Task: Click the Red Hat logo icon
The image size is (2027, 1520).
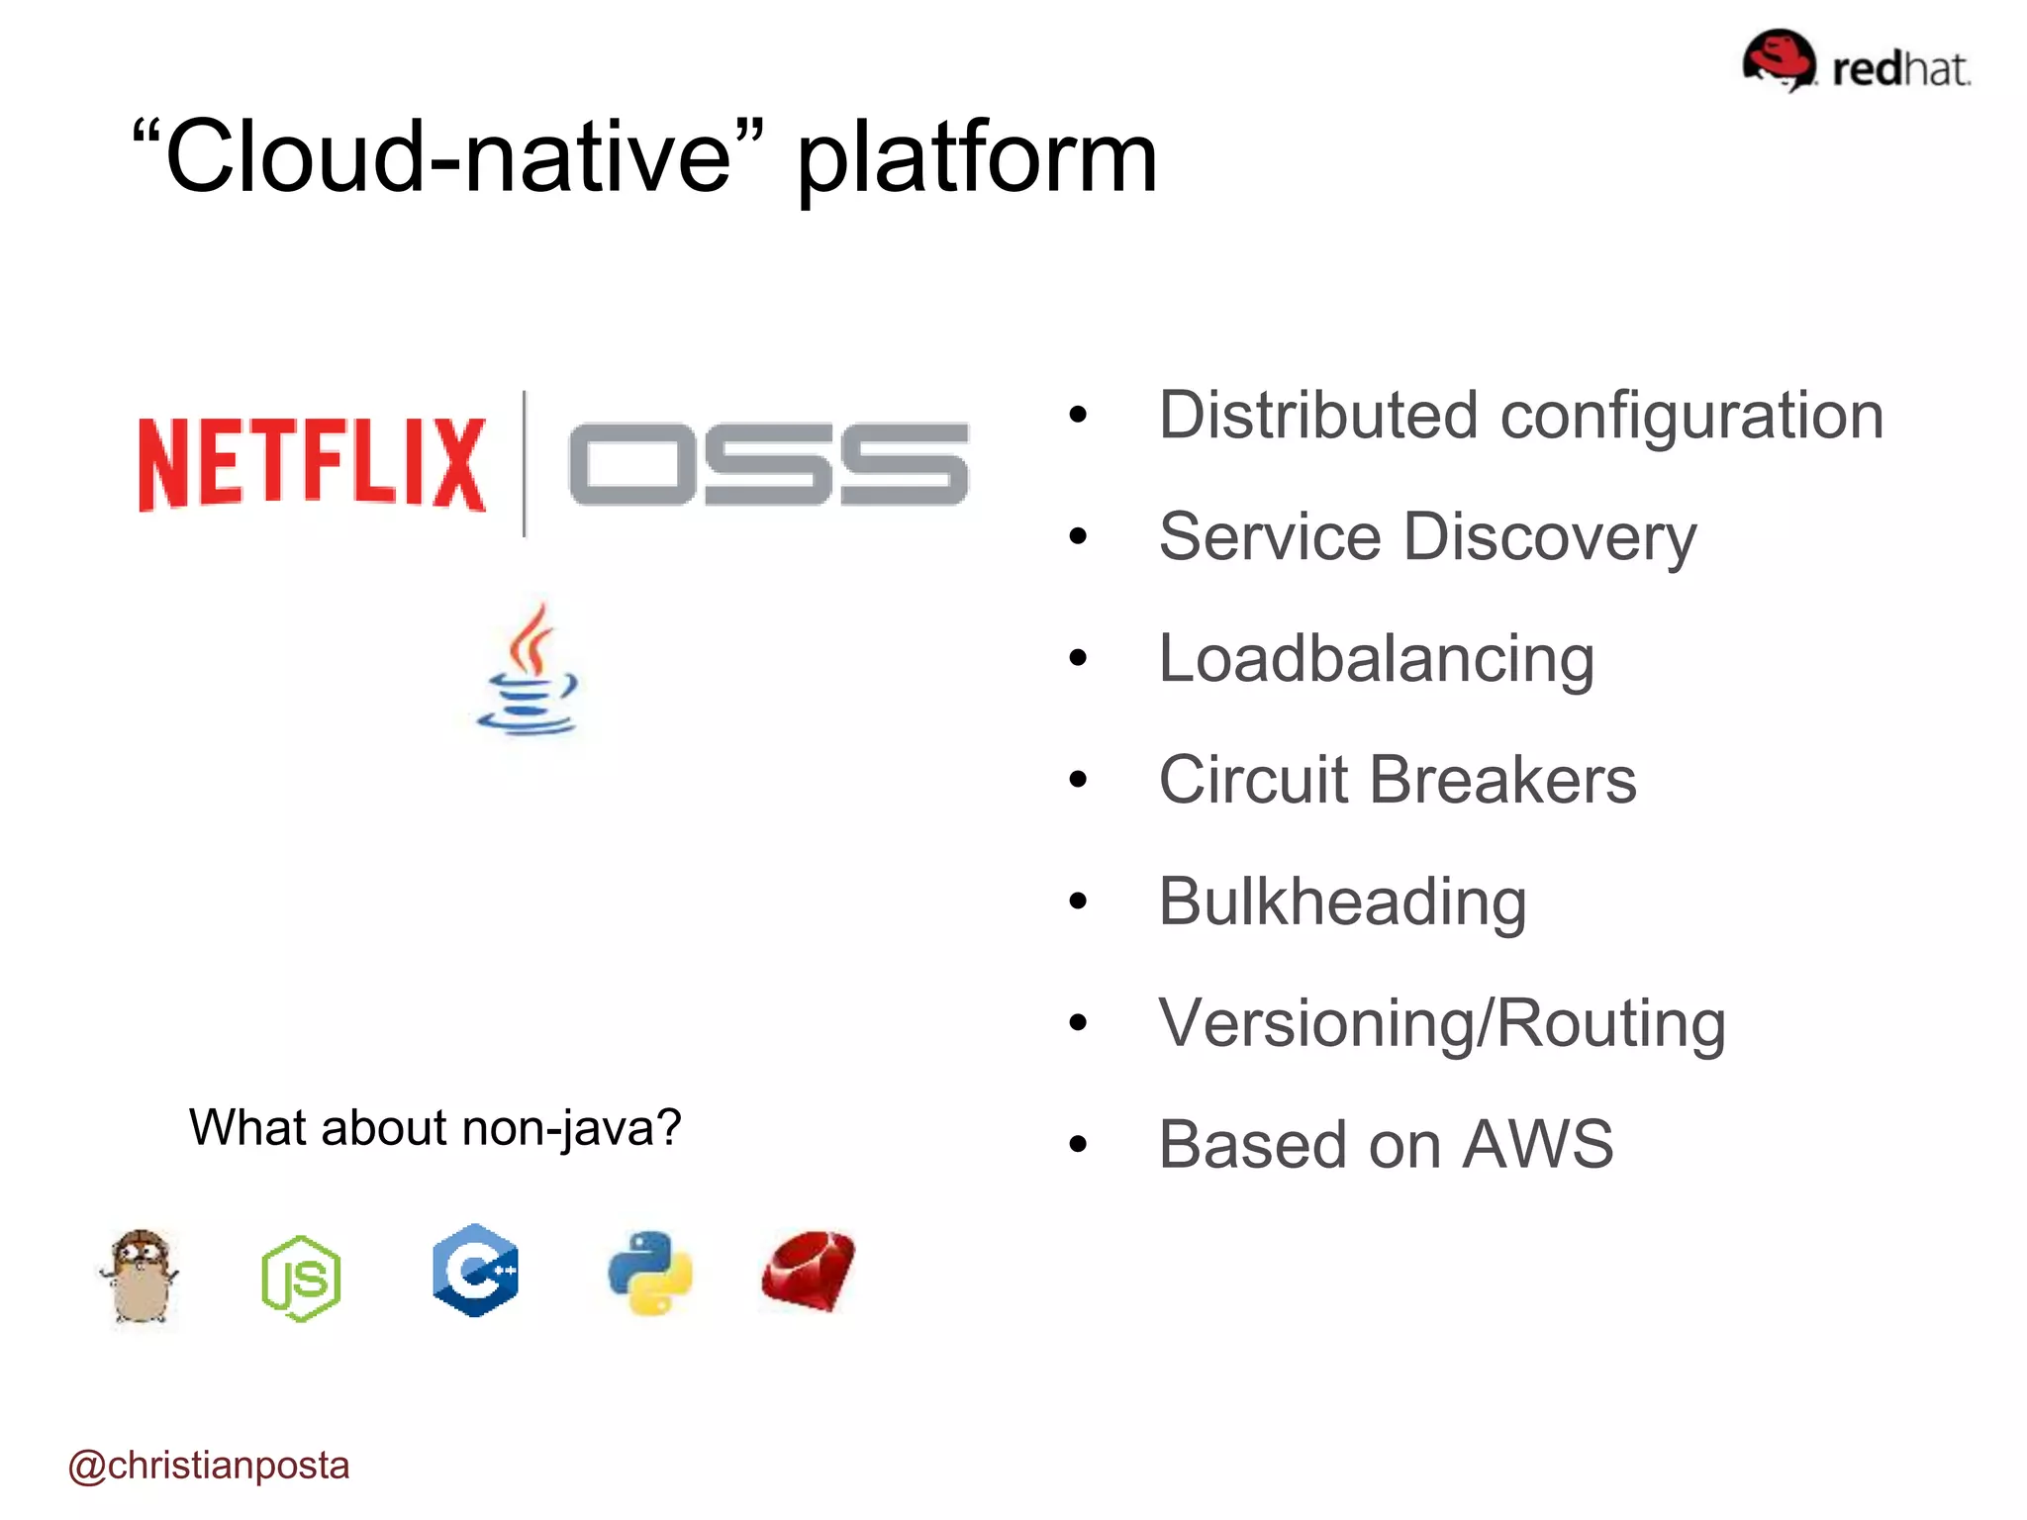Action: point(1780,59)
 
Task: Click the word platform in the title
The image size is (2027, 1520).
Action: point(976,158)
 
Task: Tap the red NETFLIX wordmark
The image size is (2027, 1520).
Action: point(312,463)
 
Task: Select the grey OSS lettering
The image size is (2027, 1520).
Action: point(768,463)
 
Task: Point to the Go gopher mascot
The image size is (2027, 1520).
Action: point(141,1277)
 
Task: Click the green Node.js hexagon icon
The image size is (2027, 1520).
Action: point(301,1278)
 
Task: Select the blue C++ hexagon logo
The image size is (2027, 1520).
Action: point(475,1271)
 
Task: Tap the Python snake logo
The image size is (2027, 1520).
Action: point(650,1273)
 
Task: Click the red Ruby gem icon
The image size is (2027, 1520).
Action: point(809,1272)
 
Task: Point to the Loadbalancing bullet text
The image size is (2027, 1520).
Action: point(1376,659)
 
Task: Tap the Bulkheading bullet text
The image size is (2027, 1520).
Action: point(1342,902)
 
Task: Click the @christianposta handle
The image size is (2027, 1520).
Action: point(209,1466)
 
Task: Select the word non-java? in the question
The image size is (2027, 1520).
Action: point(571,1128)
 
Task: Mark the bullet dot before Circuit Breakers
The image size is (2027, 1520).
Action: point(1078,780)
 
